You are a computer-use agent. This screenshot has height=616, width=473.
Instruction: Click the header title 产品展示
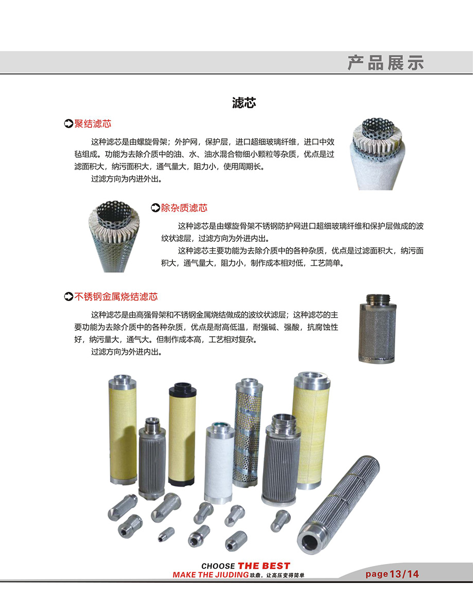(386, 63)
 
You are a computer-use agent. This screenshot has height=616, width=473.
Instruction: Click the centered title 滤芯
(244, 103)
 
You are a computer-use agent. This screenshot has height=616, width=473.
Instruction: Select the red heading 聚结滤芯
(93, 124)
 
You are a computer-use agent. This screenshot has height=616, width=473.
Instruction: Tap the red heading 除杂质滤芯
(184, 208)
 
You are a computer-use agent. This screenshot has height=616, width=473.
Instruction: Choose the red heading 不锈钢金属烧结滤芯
(116, 296)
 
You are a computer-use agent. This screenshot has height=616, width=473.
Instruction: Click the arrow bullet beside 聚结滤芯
(68, 124)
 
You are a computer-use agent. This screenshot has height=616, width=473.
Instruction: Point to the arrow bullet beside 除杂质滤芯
(155, 208)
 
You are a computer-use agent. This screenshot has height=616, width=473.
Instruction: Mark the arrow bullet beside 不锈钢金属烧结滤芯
(68, 296)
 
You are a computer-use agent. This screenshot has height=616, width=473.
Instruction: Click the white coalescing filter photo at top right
(378, 153)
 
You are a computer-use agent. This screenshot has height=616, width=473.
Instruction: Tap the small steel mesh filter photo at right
(377, 328)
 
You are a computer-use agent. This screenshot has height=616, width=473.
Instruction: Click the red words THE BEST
(264, 565)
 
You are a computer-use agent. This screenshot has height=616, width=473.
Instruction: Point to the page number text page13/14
(392, 574)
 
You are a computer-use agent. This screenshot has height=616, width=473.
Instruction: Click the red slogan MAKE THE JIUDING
(211, 575)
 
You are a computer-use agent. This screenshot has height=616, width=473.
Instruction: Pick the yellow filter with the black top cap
(182, 435)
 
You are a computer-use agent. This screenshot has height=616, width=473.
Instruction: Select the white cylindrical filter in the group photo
(219, 463)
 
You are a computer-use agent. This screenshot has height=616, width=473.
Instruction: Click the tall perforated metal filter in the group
(248, 432)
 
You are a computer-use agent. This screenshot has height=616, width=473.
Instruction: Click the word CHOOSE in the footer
(218, 566)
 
